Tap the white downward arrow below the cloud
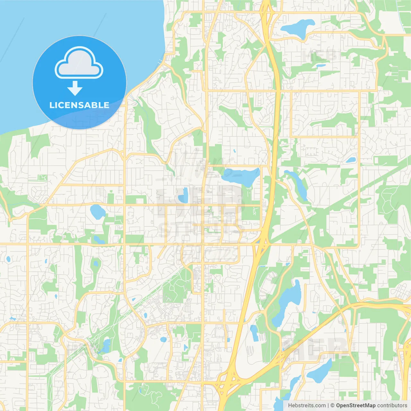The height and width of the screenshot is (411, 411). tap(75, 88)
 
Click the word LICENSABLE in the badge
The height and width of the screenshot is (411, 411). tap(79, 105)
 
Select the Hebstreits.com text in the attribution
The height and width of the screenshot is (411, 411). tap(307, 406)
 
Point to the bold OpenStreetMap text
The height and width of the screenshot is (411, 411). tap(356, 406)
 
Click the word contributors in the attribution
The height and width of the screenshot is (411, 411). tap(392, 406)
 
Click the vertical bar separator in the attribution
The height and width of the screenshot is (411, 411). tap(328, 406)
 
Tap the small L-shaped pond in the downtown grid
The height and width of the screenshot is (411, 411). tap(183, 196)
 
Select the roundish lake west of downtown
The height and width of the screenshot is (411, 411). tap(97, 212)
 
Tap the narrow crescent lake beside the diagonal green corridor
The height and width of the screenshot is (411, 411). tap(299, 185)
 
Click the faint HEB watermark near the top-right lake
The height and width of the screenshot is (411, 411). tap(319, 55)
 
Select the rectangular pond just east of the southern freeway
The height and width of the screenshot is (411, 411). tap(254, 333)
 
